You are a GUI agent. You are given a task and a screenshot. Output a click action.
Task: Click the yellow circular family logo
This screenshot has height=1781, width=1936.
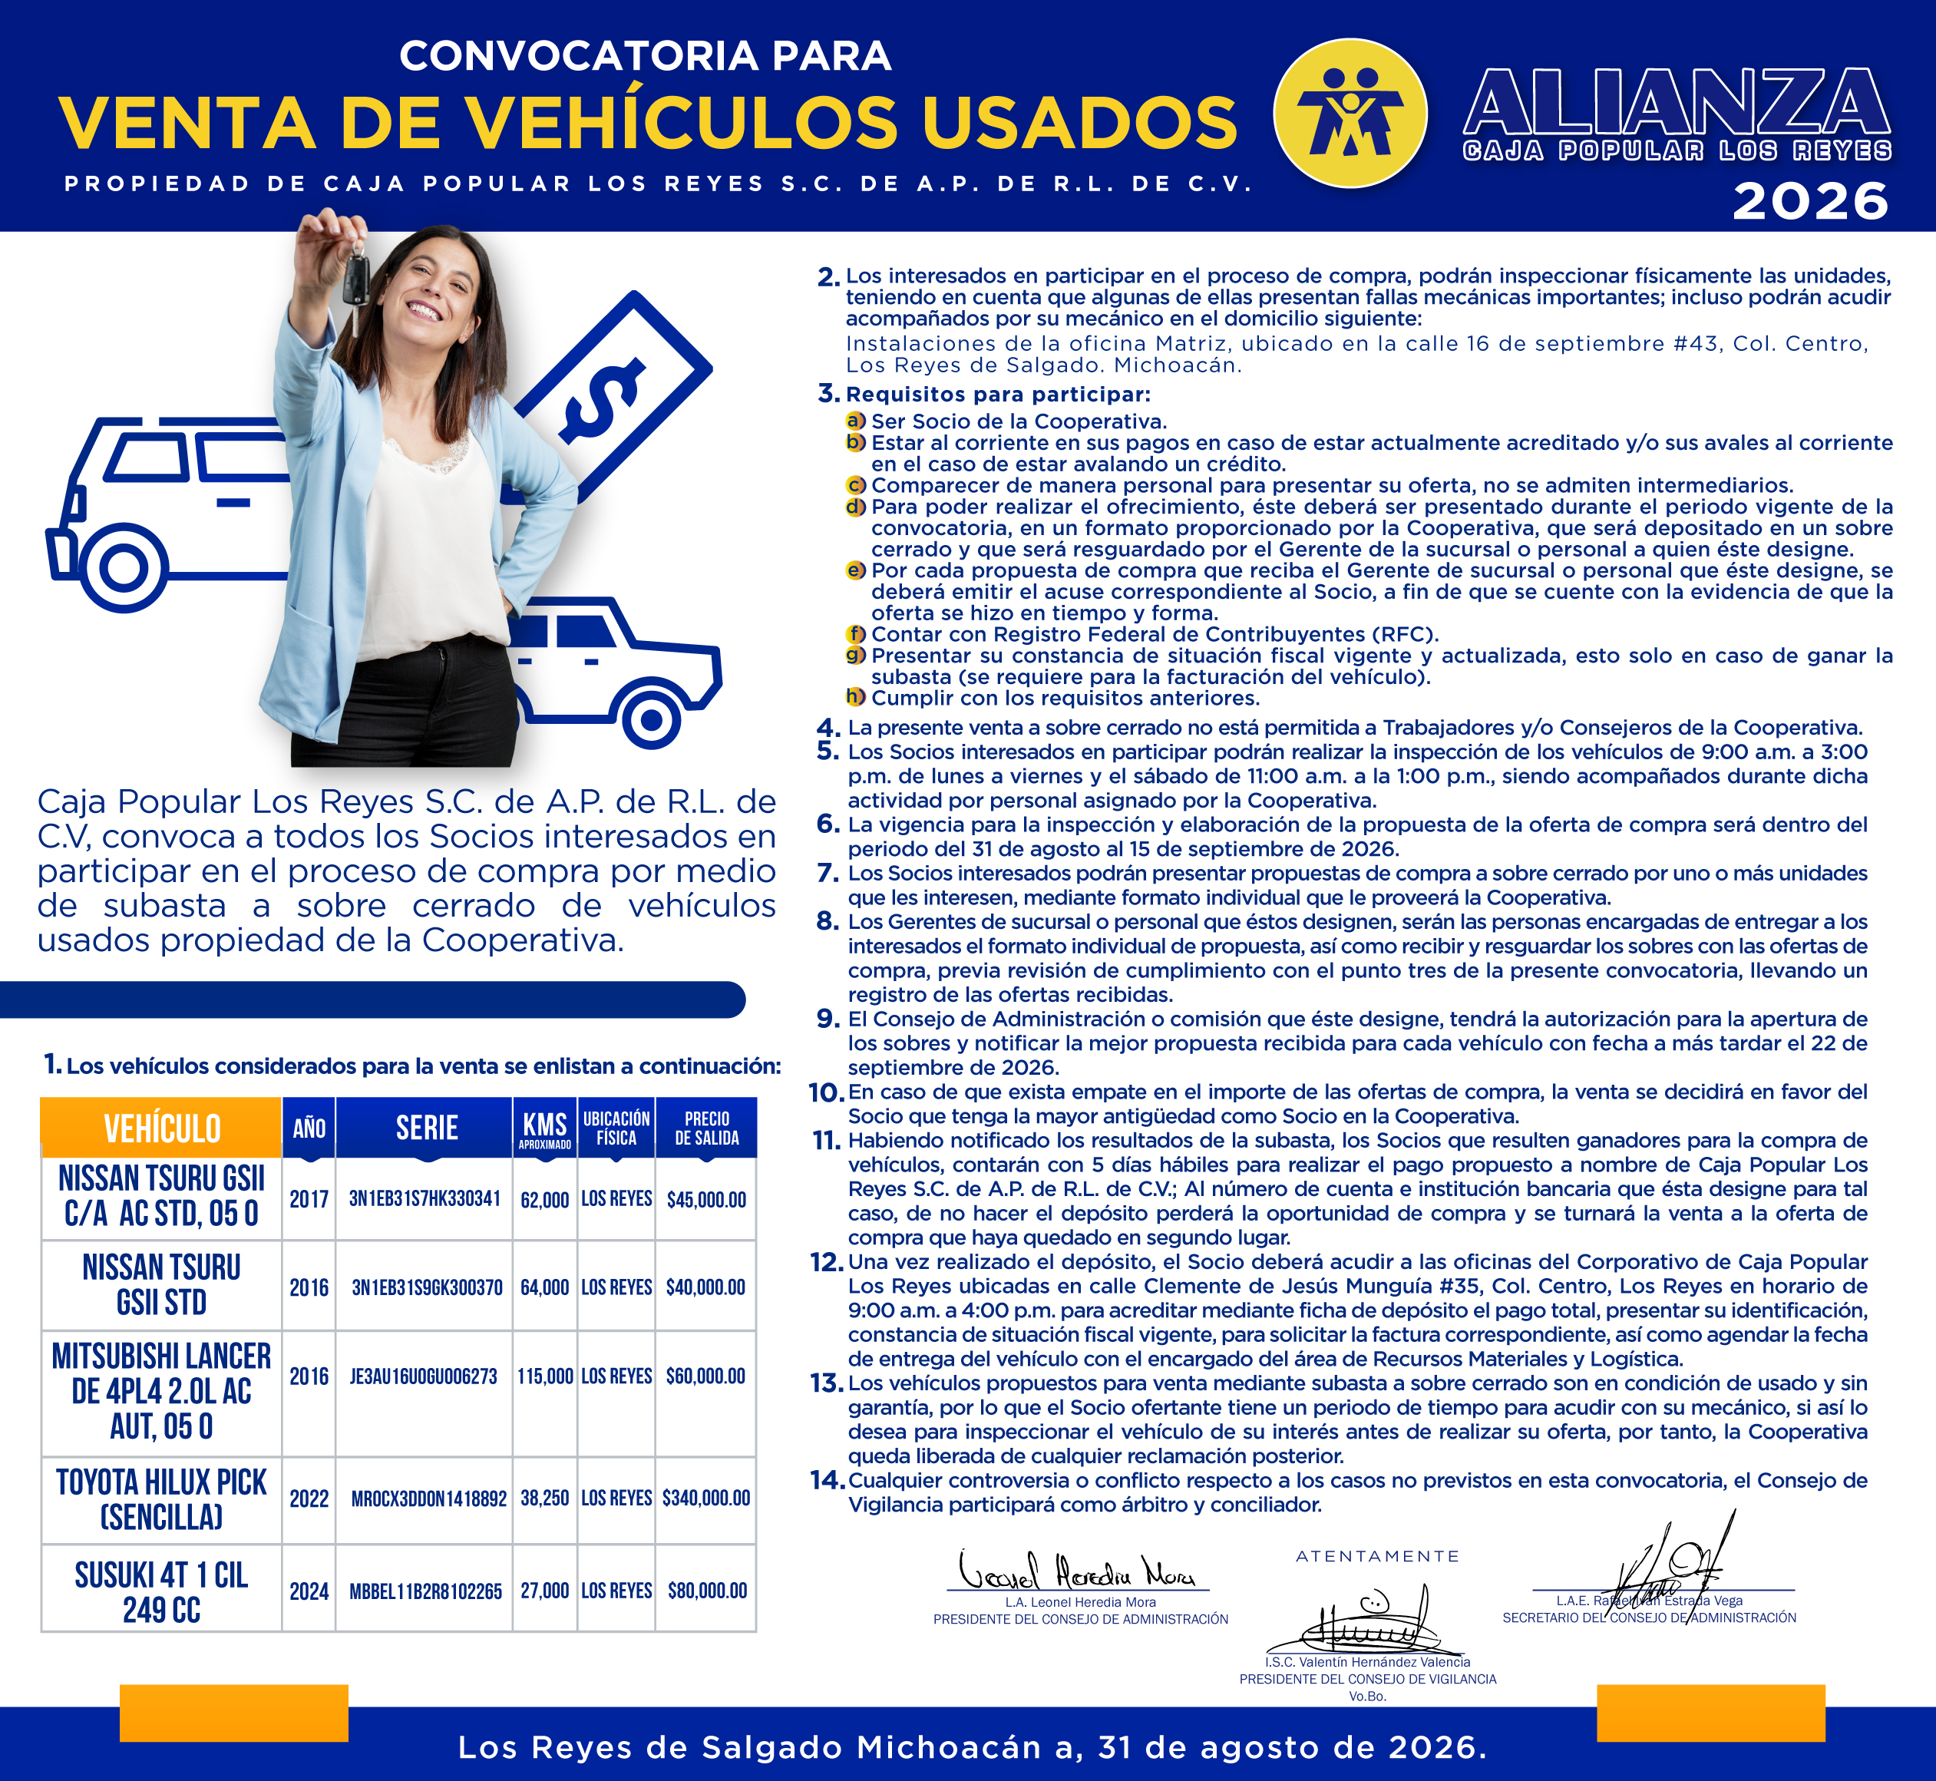[x=1350, y=114]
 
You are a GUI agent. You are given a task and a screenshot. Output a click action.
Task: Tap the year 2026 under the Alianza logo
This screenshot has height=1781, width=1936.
[x=1810, y=201]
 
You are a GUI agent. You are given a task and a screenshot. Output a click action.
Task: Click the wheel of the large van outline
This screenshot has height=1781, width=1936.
[x=124, y=567]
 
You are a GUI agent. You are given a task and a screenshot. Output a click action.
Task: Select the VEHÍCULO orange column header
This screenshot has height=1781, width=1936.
[x=162, y=1128]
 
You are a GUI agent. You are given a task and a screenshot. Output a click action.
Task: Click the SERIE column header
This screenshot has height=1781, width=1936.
[x=426, y=1128]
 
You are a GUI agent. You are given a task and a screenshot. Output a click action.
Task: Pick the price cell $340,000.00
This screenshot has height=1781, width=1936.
[x=706, y=1498]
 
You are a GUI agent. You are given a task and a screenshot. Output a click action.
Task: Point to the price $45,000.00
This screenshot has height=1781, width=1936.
[x=706, y=1200]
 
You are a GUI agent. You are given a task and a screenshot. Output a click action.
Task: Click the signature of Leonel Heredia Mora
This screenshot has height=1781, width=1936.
[x=1076, y=1571]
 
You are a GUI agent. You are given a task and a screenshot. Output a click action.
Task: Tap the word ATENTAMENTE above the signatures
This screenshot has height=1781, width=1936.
[x=1377, y=1556]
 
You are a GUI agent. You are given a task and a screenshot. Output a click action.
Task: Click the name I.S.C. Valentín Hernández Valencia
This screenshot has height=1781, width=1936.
[x=1367, y=1661]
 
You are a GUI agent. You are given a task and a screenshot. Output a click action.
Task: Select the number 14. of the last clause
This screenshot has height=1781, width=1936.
[x=828, y=1480]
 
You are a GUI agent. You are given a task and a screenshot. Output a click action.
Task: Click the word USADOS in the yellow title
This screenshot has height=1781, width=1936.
[x=1079, y=122]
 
